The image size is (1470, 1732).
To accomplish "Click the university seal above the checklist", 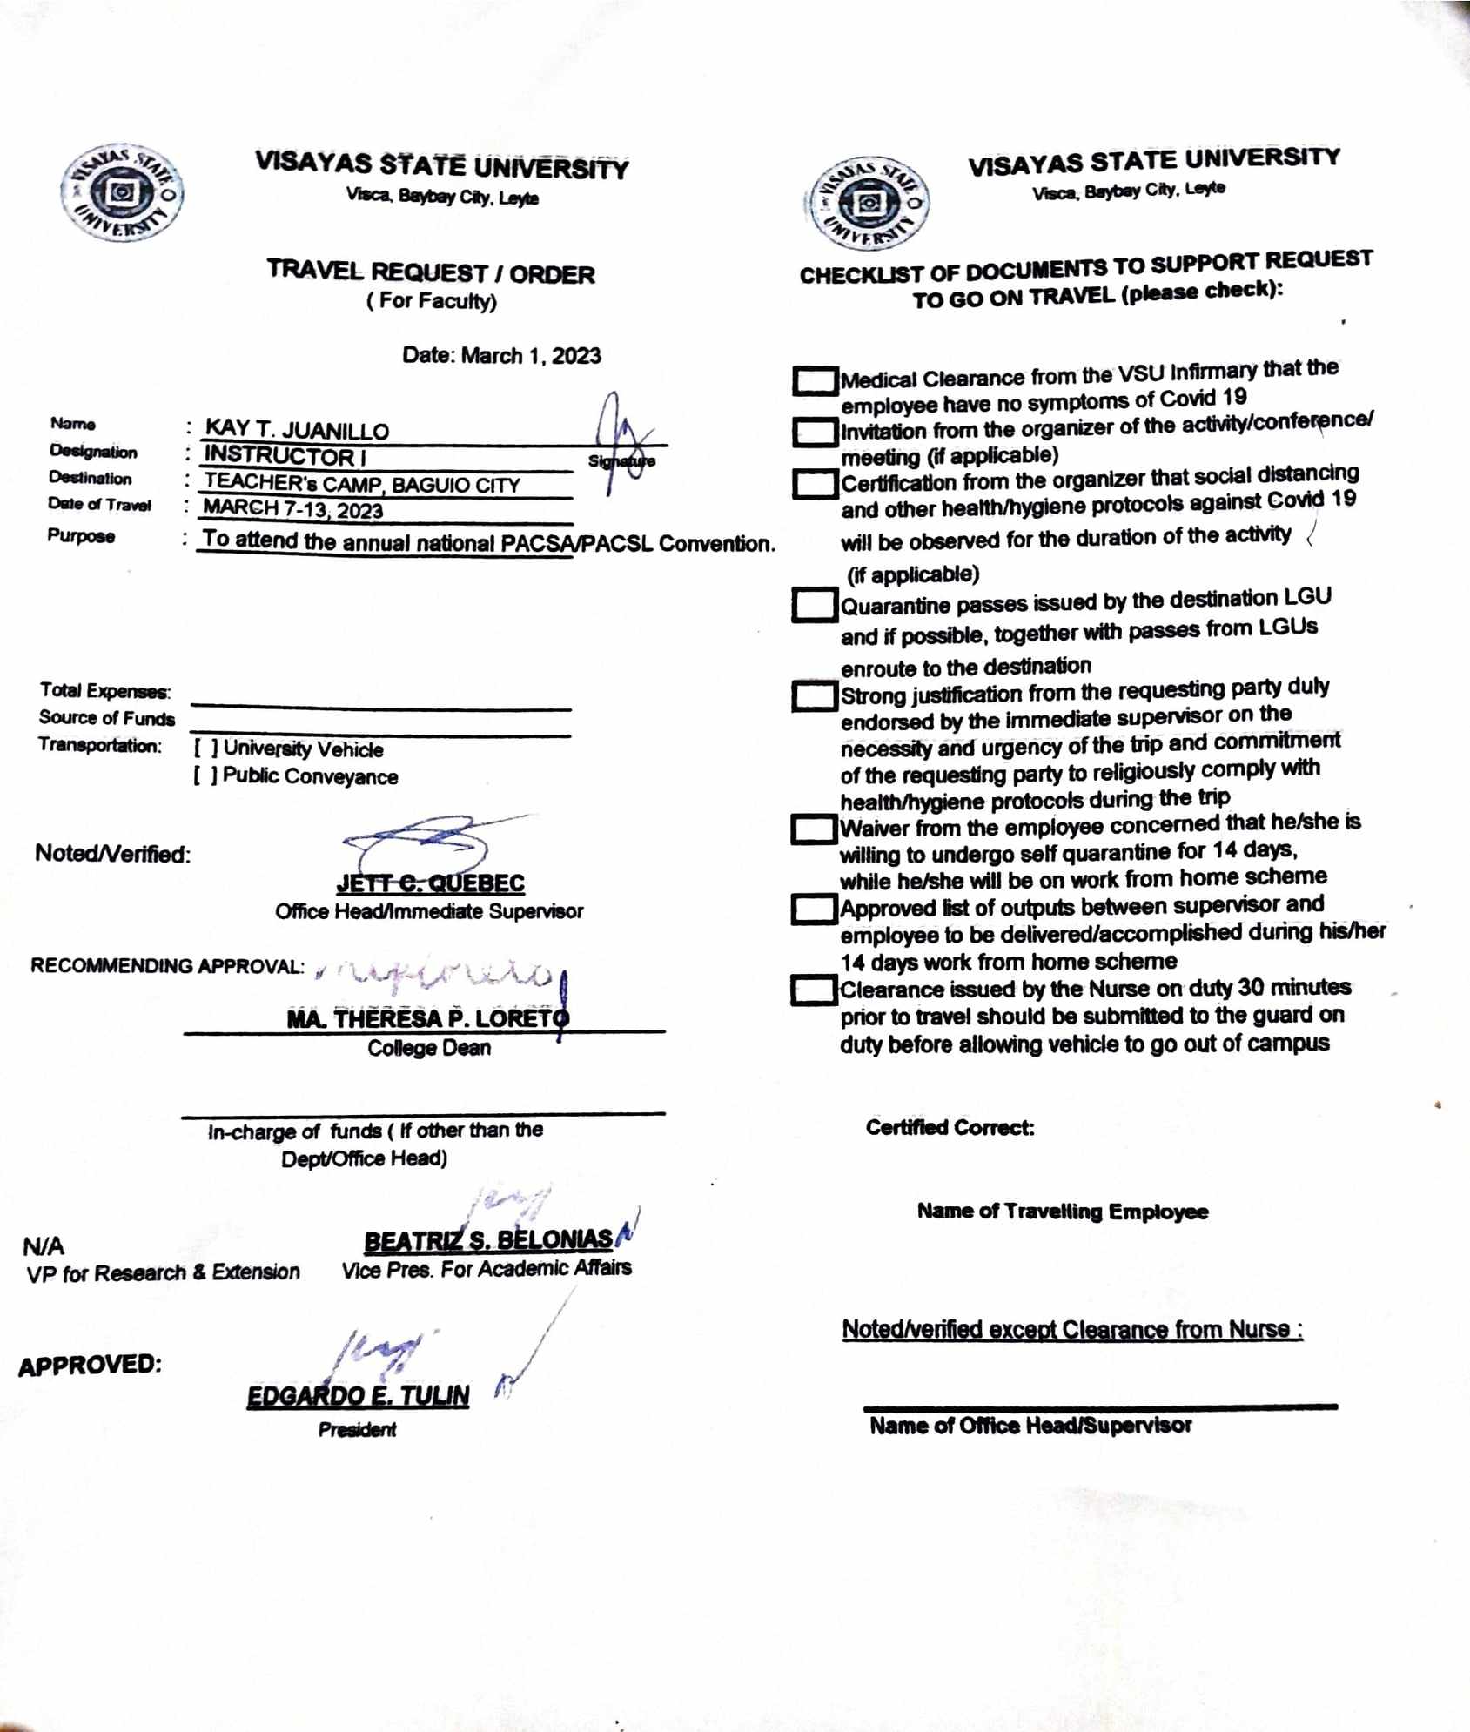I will coord(868,205).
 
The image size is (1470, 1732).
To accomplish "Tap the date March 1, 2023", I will coord(501,355).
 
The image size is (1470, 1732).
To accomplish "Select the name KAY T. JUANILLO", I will coord(297,431).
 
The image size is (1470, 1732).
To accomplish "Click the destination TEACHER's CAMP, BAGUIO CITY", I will coord(362,484).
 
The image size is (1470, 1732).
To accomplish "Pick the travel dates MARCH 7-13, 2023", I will coord(293,509).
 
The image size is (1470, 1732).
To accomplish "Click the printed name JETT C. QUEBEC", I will coord(431,883).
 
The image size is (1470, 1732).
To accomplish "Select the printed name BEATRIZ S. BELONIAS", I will coord(488,1240).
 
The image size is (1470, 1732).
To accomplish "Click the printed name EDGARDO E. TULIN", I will coord(358,1396).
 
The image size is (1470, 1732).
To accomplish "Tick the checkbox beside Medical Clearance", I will coord(815,380).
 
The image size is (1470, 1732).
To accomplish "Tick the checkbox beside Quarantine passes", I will coord(814,606).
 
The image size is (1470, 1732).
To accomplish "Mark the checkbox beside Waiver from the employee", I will coord(814,829).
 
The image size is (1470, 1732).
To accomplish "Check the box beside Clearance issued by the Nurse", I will coord(813,990).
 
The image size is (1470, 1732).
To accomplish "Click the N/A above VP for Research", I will coord(44,1246).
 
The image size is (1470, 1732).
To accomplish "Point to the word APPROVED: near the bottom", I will coord(90,1365).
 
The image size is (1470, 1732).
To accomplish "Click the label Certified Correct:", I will coord(950,1128).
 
